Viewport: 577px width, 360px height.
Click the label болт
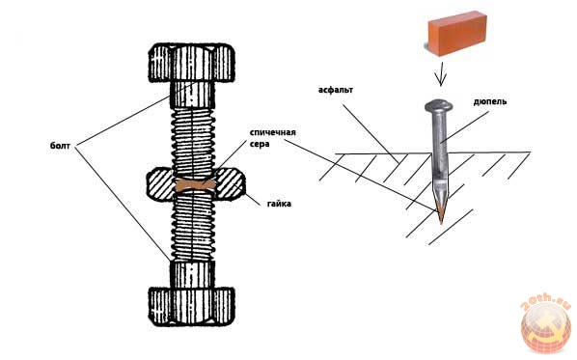(60, 146)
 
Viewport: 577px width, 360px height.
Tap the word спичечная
(273, 132)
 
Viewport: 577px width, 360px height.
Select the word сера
(260, 144)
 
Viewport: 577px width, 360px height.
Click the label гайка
(279, 204)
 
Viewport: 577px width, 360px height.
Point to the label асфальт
(336, 90)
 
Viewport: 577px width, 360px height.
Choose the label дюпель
(490, 101)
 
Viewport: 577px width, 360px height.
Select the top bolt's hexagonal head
(191, 63)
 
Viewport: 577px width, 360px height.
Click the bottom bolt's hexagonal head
(191, 306)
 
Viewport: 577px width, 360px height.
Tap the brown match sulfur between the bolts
(195, 185)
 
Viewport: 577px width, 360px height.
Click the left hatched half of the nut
(160, 184)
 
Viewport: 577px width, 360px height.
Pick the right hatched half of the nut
(230, 184)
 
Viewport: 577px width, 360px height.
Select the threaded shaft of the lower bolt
(192, 227)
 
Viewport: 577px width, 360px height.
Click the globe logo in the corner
(546, 327)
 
